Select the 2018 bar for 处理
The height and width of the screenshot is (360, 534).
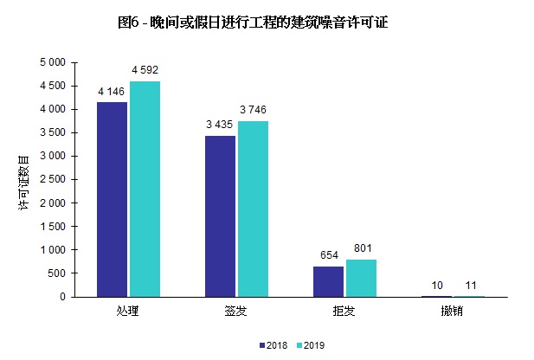click(x=112, y=199)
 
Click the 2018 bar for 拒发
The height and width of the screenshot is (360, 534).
click(x=328, y=281)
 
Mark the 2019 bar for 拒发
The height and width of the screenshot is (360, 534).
click(x=361, y=278)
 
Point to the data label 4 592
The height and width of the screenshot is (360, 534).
click(x=145, y=70)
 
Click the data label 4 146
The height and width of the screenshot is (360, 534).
click(x=113, y=91)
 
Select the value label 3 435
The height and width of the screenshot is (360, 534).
click(x=220, y=125)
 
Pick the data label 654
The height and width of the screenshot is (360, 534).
click(x=328, y=255)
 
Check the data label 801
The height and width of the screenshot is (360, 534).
click(x=361, y=248)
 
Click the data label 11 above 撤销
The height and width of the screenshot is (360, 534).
click(x=470, y=285)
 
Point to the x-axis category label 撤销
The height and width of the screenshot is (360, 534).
click(x=453, y=310)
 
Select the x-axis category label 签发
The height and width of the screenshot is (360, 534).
click(x=236, y=310)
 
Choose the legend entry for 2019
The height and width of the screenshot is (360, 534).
click(x=308, y=344)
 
